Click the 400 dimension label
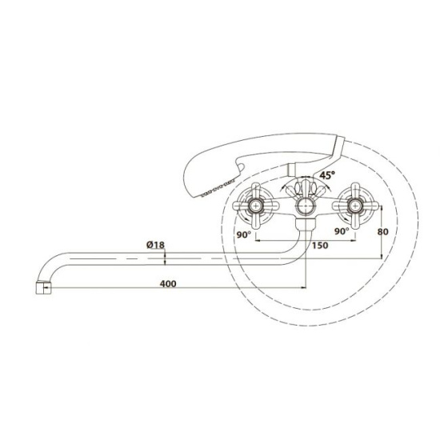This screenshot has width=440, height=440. (x=168, y=284)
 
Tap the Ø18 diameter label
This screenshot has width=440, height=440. (x=155, y=245)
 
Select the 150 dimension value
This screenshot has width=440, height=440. (x=320, y=246)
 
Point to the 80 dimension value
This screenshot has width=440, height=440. (x=382, y=232)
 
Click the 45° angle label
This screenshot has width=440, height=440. (x=327, y=175)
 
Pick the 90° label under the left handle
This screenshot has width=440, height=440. (x=243, y=234)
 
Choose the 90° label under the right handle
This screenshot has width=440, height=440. (x=342, y=231)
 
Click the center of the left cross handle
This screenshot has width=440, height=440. (x=256, y=206)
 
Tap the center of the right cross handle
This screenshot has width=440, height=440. (x=355, y=206)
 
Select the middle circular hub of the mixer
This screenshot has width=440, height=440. (x=306, y=206)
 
